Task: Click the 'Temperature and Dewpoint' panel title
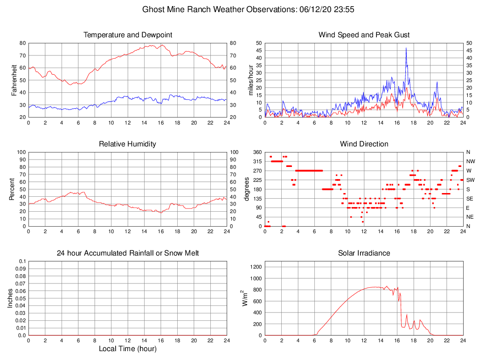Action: pos(128,35)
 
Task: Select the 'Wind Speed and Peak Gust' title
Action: pos(364,35)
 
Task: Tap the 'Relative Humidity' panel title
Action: pos(128,144)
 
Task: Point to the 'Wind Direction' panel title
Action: pos(364,144)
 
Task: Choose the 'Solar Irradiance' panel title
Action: pos(364,253)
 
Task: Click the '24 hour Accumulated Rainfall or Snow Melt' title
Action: pos(128,253)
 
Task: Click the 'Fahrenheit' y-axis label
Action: pos(14,80)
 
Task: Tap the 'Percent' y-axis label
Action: pos(12,189)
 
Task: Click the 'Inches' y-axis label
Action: pos(10,298)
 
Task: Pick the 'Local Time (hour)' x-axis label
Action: pos(128,348)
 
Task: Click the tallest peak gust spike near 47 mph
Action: pos(406,48)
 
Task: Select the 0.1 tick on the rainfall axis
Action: pos(22,262)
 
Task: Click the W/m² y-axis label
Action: pos(244,298)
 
